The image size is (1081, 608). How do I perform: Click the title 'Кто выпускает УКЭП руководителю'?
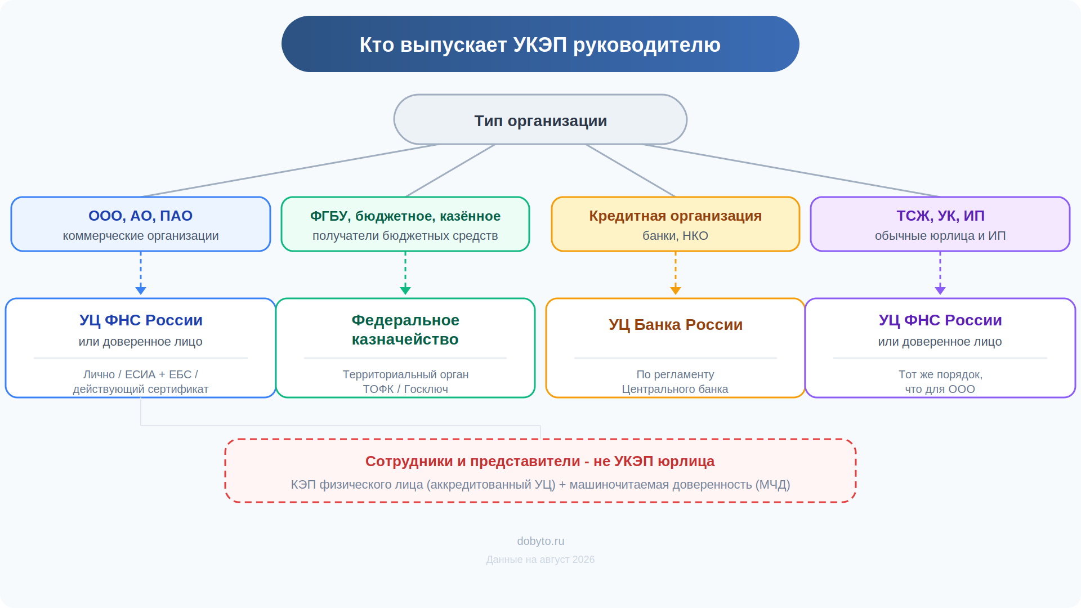(x=540, y=44)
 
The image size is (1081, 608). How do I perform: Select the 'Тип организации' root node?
(x=540, y=120)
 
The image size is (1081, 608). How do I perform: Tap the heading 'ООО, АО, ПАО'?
(x=140, y=216)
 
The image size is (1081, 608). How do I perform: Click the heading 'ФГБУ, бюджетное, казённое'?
(x=405, y=216)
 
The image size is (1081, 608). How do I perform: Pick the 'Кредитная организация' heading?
(x=675, y=216)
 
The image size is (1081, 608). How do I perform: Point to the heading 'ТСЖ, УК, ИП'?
(x=940, y=216)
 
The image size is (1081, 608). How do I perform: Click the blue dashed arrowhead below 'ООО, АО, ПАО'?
(x=141, y=290)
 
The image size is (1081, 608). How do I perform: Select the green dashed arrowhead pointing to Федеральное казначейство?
(x=405, y=290)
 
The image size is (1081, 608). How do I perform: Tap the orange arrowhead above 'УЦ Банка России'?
(x=676, y=290)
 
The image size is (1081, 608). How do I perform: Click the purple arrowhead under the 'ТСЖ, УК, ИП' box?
(x=940, y=290)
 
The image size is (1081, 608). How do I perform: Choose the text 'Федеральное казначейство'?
(x=405, y=329)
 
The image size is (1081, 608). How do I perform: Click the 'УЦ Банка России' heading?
(x=676, y=325)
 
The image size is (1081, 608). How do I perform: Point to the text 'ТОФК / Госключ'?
(x=405, y=389)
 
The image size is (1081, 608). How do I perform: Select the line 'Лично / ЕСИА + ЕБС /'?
(x=141, y=374)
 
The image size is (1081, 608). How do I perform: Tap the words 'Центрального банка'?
(x=675, y=389)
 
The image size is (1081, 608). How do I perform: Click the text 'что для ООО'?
(x=940, y=389)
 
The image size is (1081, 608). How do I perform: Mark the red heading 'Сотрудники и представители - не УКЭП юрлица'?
(x=540, y=461)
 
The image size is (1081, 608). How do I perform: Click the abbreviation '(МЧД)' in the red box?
(x=772, y=485)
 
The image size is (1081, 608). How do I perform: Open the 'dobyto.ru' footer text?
(x=540, y=541)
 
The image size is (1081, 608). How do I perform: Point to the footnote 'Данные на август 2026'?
(x=540, y=560)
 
